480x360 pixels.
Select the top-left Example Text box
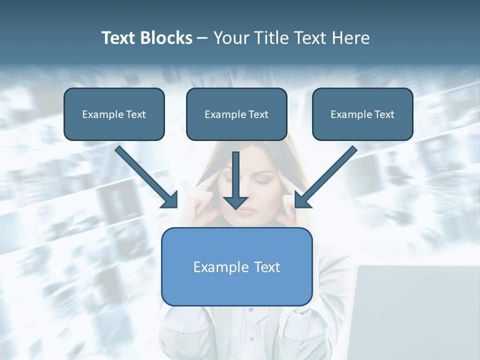point(114,114)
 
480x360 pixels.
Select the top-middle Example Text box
point(236,114)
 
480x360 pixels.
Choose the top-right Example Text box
point(362,114)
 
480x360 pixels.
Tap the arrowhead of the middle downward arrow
point(235,202)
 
